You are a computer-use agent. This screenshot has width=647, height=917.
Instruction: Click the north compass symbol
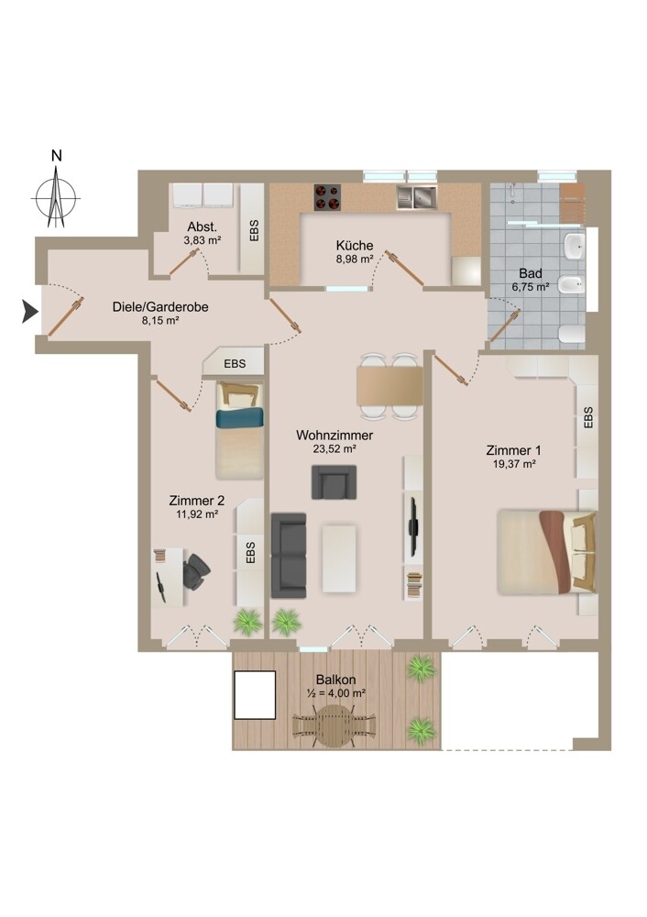coord(56,197)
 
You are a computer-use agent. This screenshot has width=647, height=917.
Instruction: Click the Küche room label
coord(354,246)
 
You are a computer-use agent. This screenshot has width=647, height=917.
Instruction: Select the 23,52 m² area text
coord(334,449)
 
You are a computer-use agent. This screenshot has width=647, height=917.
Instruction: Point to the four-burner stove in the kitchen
coord(327,197)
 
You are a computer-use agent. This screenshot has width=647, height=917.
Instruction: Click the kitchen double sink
coord(416,197)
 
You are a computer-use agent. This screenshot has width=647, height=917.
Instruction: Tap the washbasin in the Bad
coord(575,247)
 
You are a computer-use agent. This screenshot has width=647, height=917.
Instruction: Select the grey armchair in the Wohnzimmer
coord(334,482)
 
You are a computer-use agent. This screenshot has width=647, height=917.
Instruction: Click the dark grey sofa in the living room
coord(289,555)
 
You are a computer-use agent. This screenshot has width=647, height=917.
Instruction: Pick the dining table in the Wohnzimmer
coord(389,386)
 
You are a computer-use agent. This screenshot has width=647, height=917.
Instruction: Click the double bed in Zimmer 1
coord(547,552)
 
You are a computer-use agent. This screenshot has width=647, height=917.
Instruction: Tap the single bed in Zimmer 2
coord(239,430)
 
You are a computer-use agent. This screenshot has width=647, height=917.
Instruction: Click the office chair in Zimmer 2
coord(196,571)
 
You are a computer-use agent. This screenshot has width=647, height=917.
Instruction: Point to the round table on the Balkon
coord(334,725)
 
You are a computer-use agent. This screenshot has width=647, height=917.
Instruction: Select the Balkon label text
coord(335,679)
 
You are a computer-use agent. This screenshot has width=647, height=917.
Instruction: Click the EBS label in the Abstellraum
coord(254,230)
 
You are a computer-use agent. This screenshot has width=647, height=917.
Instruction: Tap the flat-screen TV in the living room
coord(412,527)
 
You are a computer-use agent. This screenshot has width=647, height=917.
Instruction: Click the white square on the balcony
coord(255,695)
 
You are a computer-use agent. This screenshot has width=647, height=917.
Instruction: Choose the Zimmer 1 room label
coord(513,450)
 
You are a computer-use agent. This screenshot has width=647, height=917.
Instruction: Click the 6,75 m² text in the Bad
coord(530,287)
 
